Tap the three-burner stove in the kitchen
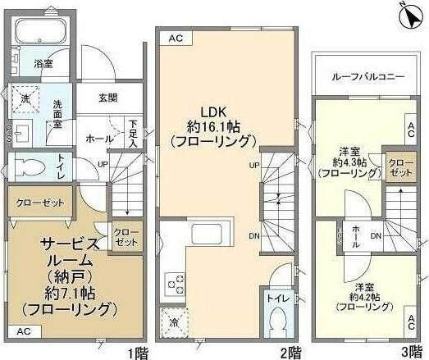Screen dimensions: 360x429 [x=175, y=283]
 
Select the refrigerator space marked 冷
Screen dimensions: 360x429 [x=174, y=319]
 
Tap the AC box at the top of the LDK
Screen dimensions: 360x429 [x=176, y=38]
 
